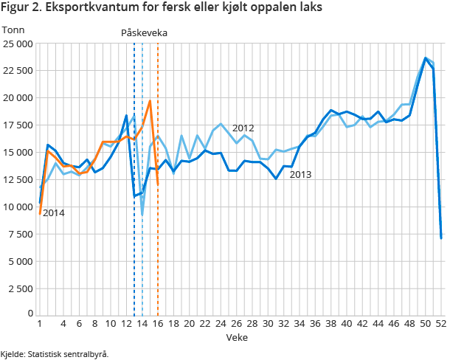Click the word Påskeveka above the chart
pyautogui.click(x=145, y=32)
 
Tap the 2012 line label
pyautogui.click(x=243, y=128)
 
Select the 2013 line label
pyautogui.click(x=301, y=175)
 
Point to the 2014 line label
pyautogui.click(x=53, y=213)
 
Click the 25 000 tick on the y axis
pyautogui.click(x=16, y=44)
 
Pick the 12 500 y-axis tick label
pyautogui.click(x=16, y=152)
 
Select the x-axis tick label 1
pyautogui.click(x=39, y=324)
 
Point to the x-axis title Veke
pyautogui.click(x=237, y=336)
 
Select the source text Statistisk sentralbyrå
pyautogui.click(x=71, y=354)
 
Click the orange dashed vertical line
pyautogui.click(x=158, y=221)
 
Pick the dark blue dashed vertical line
pyautogui.click(x=134, y=221)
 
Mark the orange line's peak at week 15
pyautogui.click(x=150, y=101)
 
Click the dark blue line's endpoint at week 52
pyautogui.click(x=441, y=238)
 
